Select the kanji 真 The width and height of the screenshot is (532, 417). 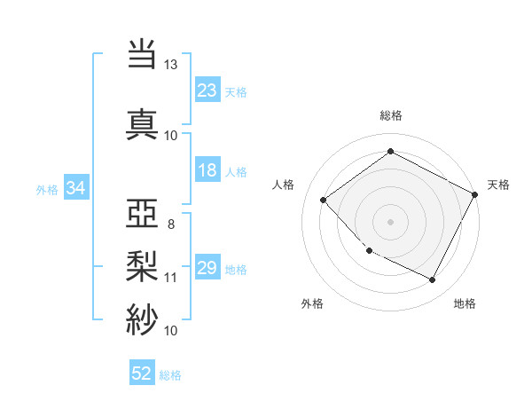143,123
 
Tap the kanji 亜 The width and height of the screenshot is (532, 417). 143,212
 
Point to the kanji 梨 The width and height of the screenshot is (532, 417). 143,265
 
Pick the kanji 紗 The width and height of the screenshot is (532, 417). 143,319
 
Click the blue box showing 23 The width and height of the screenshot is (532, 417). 207,90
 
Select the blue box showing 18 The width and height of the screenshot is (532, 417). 207,171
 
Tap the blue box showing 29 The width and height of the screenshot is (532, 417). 207,269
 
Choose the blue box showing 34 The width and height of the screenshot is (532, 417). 76,188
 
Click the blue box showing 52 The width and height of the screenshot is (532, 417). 141,374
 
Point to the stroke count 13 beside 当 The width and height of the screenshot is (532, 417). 170,65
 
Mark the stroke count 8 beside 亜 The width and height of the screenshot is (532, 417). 170,224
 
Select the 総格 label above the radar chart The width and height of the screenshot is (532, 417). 390,115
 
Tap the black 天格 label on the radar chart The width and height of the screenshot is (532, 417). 498,185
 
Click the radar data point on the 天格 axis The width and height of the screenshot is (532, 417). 476,194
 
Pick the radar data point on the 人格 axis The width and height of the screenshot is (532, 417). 324,200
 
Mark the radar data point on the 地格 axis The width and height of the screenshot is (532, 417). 433,280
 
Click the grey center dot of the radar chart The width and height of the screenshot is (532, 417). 390,221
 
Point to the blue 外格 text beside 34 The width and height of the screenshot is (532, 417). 47,189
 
